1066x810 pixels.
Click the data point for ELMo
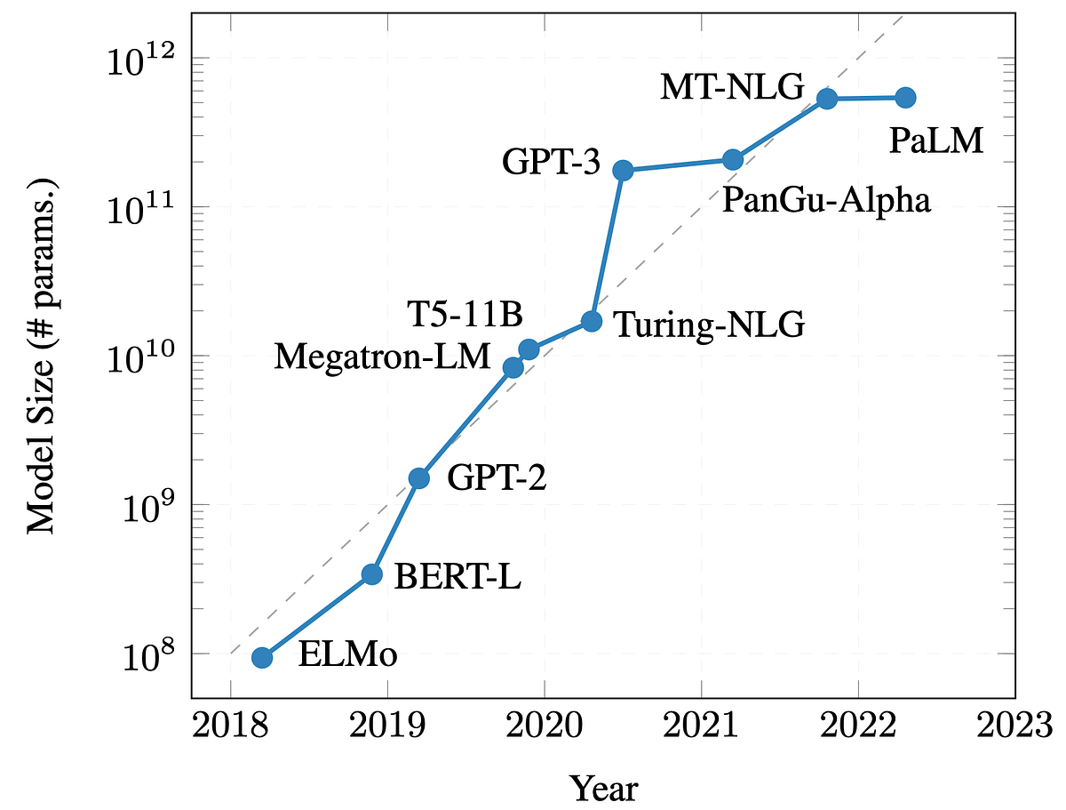pyautogui.click(x=262, y=657)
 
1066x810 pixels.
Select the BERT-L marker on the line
pyautogui.click(x=372, y=574)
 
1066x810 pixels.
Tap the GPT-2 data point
pyautogui.click(x=418, y=478)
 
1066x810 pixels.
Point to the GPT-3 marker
pyautogui.click(x=623, y=170)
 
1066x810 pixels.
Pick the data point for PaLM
pyautogui.click(x=905, y=97)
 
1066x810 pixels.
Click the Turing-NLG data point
pyautogui.click(x=592, y=321)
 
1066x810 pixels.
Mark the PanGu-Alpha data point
pyautogui.click(x=733, y=159)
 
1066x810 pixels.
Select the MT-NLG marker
pyautogui.click(x=827, y=99)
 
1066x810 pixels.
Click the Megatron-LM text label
pyautogui.click(x=382, y=357)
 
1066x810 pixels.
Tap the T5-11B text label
pyautogui.click(x=465, y=314)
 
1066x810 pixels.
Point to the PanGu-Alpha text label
pyautogui.click(x=825, y=200)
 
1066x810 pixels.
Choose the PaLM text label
pyautogui.click(x=936, y=140)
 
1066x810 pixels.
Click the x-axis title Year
pyautogui.click(x=603, y=788)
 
